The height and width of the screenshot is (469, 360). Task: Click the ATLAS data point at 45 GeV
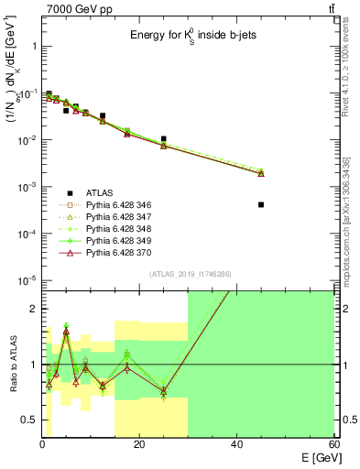261,204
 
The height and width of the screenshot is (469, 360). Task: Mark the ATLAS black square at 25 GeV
163,139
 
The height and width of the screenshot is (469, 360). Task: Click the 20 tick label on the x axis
139,445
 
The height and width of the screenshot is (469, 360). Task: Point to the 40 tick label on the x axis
236,445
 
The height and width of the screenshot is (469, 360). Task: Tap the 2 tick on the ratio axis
34,309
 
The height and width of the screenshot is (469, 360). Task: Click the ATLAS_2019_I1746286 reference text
188,274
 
